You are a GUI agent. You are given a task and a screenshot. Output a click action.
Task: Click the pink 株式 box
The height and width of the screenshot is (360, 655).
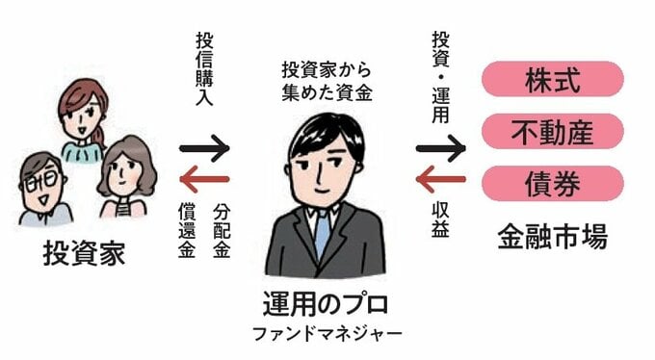pyautogui.click(x=552, y=80)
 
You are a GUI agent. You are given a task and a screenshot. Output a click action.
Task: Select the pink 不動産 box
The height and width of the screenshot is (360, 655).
pyautogui.click(x=552, y=130)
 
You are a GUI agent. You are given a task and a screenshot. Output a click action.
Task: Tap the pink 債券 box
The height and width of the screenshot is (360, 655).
pyautogui.click(x=552, y=180)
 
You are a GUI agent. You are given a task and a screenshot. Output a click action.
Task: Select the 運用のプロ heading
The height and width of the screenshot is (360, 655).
pyautogui.click(x=327, y=307)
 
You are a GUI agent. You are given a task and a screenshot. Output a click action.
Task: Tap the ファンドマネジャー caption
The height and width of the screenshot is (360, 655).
pyautogui.click(x=327, y=336)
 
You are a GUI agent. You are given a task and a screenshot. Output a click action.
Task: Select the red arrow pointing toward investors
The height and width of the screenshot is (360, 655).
pyautogui.click(x=204, y=179)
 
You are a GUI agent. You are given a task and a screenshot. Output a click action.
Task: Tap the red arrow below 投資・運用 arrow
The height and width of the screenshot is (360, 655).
pyautogui.click(x=440, y=180)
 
